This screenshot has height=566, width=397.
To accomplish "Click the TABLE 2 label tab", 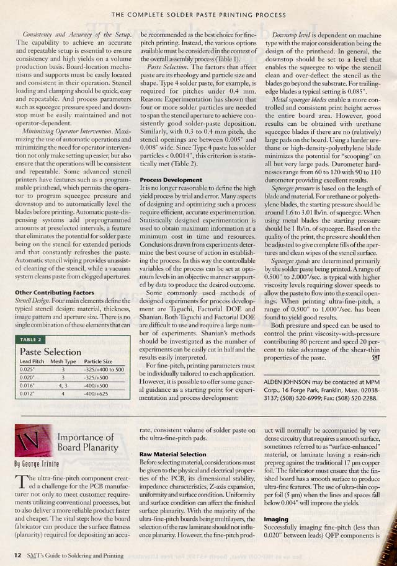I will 31,340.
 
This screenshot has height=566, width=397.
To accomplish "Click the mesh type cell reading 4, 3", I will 63,385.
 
